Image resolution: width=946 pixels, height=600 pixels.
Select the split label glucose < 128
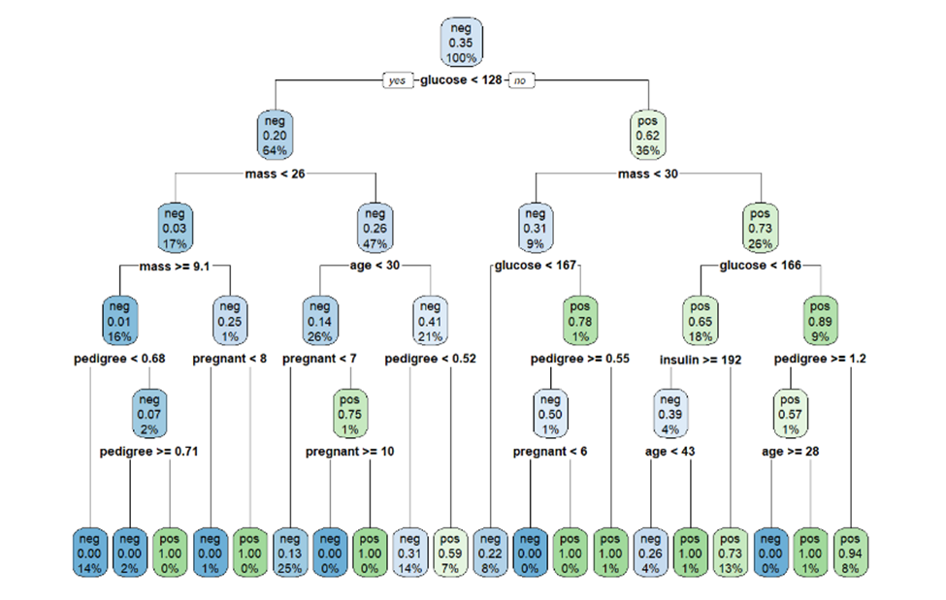click(x=461, y=80)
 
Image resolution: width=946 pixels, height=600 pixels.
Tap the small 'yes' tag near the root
click(x=398, y=80)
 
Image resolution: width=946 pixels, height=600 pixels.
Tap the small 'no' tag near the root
click(x=523, y=80)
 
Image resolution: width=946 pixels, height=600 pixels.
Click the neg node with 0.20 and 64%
click(x=274, y=135)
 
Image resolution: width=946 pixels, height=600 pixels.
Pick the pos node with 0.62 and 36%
click(x=648, y=135)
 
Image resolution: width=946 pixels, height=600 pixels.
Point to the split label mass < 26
click(x=275, y=174)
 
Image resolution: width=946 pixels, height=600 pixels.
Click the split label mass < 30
click(x=648, y=174)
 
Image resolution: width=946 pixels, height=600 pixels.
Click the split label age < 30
click(x=375, y=266)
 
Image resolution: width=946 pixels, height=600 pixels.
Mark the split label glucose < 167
click(x=535, y=266)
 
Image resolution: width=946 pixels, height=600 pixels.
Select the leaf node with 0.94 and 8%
click(x=851, y=553)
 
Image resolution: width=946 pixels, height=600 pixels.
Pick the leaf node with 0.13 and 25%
click(x=290, y=553)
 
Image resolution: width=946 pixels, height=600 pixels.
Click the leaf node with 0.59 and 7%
click(x=450, y=553)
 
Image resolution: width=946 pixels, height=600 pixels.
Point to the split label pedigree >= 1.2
click(x=820, y=359)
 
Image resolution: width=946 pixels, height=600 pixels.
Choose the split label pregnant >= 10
click(x=349, y=452)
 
